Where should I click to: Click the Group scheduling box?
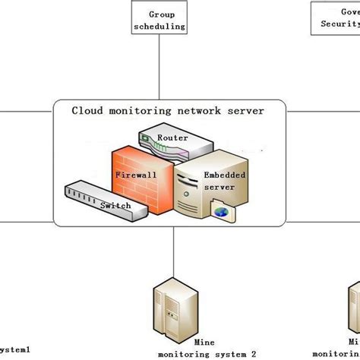[159, 19]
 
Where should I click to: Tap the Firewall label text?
[136, 174]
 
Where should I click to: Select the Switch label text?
[115, 205]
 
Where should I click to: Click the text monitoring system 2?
[207, 353]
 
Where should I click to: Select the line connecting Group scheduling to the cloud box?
[159, 68]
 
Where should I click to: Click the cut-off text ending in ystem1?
[15, 349]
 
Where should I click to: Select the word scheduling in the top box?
[159, 26]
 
